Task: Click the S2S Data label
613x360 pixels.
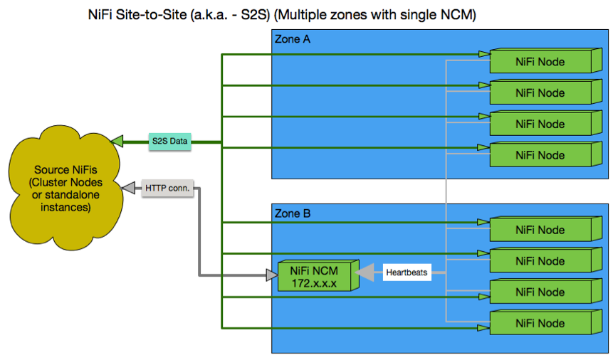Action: [x=170, y=142]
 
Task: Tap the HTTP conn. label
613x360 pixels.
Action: [x=168, y=189]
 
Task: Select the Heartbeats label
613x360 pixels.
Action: [x=407, y=272]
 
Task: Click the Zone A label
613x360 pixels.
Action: [x=292, y=40]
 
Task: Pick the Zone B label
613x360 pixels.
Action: [x=292, y=213]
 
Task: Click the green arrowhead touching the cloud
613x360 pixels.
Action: [x=117, y=142]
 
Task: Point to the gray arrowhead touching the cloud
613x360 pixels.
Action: [x=128, y=189]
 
